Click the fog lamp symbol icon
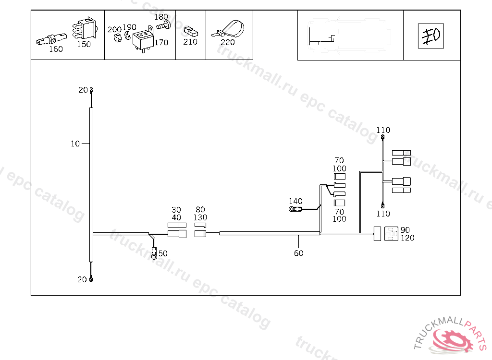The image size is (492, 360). click(431, 36)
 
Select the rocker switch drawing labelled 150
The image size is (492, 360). click(85, 28)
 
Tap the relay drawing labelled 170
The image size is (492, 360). click(143, 39)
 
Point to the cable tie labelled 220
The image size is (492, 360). click(228, 29)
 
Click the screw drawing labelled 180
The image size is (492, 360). click(163, 25)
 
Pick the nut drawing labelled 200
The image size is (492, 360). click(118, 38)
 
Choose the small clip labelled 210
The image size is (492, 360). click(191, 31)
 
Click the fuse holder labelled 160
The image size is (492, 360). click(51, 39)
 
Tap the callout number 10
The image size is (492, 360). click(75, 144)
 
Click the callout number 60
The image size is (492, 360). click(299, 253)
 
